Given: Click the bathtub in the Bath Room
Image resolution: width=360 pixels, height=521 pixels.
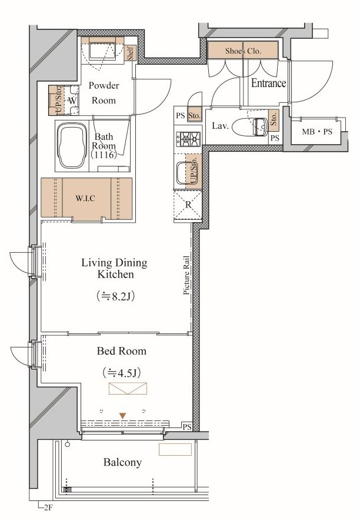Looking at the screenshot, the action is pos(73,146).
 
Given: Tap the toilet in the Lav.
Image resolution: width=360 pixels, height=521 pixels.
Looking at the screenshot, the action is pos(250,127).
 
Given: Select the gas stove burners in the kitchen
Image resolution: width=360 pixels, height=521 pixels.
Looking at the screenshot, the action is pos(188,139).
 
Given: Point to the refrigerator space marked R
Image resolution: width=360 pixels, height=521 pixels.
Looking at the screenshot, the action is pos(188,205).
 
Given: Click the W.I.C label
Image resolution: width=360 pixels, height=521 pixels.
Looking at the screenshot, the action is pos(85,199).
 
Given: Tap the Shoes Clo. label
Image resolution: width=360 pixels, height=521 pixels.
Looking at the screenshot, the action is pos(243,51).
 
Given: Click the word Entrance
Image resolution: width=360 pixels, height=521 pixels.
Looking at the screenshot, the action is pos(268,83).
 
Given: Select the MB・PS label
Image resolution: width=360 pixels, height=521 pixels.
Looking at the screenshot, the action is pos(317,132).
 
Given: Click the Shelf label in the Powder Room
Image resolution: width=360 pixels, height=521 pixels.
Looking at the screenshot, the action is pos(131,53).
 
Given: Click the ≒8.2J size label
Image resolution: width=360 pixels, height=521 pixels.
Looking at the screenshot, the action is pos(115,296).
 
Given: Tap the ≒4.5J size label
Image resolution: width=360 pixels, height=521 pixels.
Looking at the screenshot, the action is pos(121,373).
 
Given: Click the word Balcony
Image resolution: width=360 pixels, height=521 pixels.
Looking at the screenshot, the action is pos(122,462).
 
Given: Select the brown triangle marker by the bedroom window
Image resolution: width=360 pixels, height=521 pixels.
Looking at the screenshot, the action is pos(123,416).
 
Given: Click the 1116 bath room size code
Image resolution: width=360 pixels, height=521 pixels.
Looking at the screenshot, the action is pos(104,155).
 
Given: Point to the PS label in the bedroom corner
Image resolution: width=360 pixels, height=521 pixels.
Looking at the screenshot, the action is pos(187,427).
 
